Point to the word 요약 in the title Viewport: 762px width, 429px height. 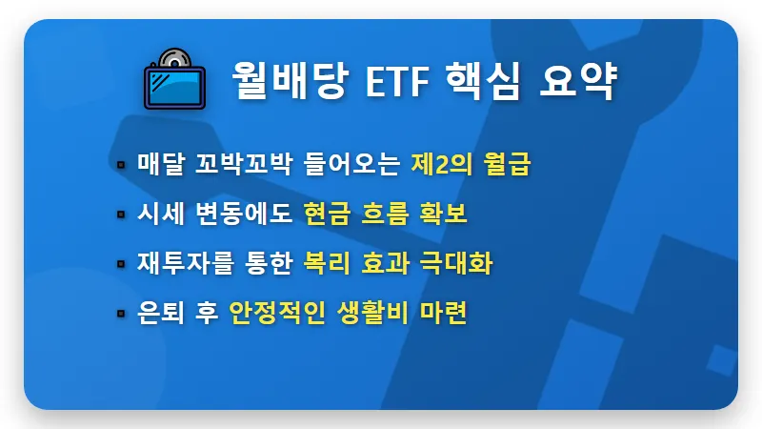click(583, 83)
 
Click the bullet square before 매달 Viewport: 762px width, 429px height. click(121, 164)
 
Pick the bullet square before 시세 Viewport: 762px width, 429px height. click(121, 214)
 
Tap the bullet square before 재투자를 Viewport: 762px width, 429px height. click(121, 264)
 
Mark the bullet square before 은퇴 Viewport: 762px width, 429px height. click(121, 314)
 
